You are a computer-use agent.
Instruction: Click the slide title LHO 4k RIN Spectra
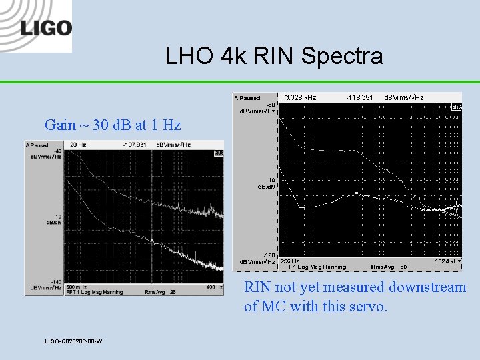(274, 56)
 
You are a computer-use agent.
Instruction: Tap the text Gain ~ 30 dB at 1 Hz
(113, 125)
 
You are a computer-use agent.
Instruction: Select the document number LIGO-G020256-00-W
(73, 341)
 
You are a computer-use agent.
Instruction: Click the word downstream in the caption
(427, 287)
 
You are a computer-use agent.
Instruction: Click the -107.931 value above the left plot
(136, 145)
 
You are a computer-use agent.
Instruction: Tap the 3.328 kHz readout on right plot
(300, 97)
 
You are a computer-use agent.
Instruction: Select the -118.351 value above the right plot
(360, 97)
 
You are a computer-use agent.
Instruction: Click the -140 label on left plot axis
(57, 283)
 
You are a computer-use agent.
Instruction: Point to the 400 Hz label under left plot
(214, 287)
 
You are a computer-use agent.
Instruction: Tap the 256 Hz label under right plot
(289, 261)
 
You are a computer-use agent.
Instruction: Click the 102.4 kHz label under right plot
(447, 261)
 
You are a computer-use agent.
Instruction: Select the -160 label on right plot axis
(269, 255)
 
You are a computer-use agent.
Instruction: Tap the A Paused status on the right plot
(247, 98)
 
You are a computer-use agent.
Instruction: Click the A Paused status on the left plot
(38, 145)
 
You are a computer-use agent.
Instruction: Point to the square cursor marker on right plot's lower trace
(357, 194)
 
